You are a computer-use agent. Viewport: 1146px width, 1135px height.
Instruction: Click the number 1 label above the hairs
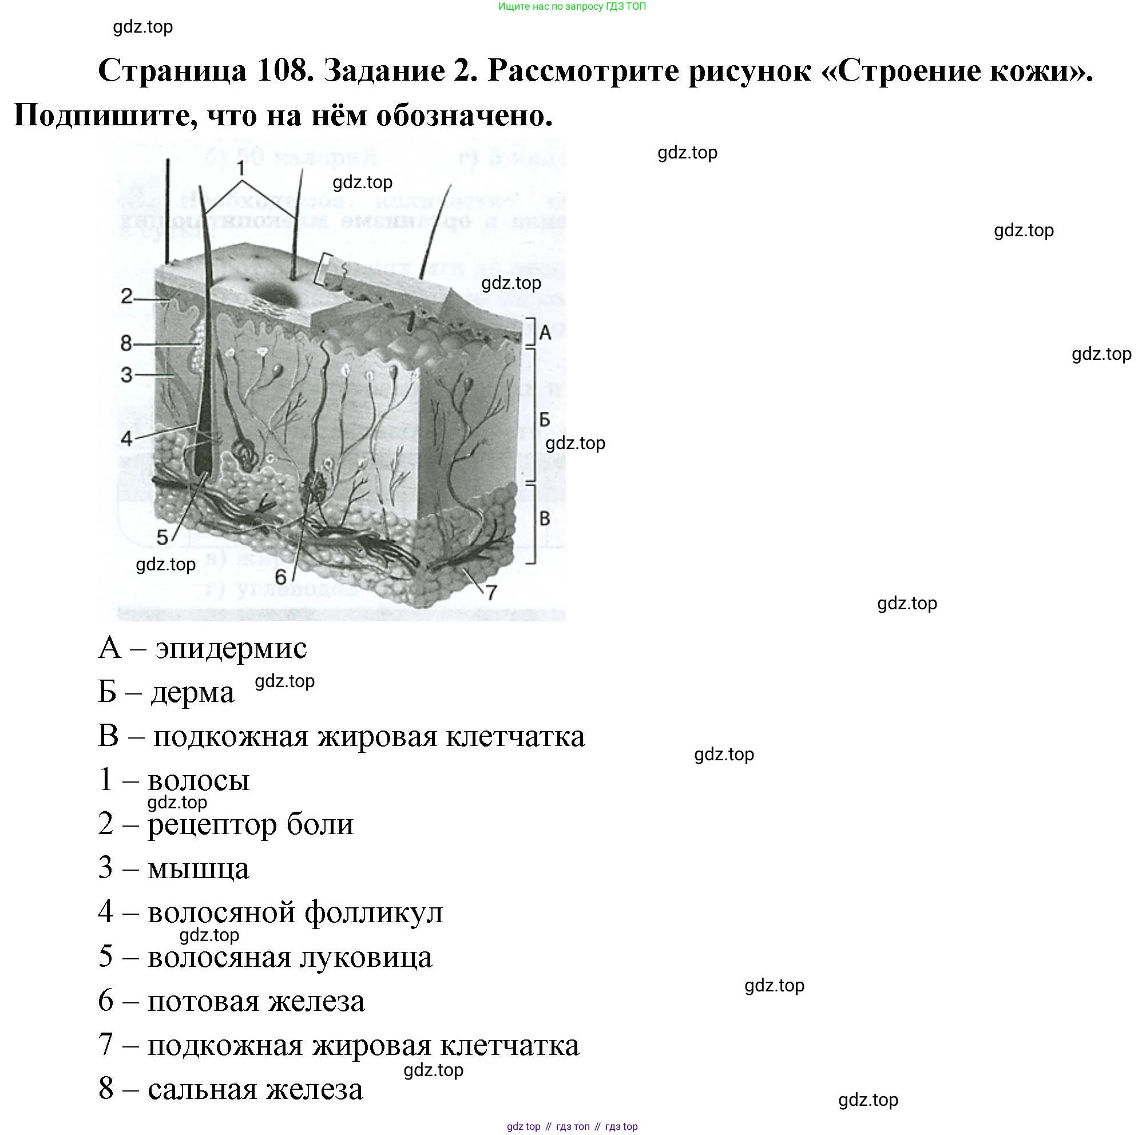coord(240,169)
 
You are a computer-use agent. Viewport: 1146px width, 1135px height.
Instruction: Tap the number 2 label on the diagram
coord(126,296)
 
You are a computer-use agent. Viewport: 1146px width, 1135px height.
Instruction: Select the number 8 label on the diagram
coord(126,343)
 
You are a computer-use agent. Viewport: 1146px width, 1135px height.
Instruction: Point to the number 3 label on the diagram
coord(126,375)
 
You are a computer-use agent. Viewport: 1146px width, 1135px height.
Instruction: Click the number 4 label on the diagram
coord(126,439)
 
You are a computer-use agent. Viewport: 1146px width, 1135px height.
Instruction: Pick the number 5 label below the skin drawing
coord(162,537)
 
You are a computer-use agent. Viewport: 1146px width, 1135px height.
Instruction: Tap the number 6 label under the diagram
coord(280,577)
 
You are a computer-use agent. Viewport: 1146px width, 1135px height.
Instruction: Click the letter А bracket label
coord(545,334)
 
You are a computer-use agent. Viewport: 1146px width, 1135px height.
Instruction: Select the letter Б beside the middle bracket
coord(545,420)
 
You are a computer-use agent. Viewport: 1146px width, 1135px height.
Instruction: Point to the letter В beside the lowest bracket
coord(545,519)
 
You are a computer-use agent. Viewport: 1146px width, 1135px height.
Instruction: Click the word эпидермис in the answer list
coord(231,648)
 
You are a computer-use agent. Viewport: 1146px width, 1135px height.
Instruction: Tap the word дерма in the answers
coord(193,692)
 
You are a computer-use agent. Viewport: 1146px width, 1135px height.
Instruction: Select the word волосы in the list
coord(199,780)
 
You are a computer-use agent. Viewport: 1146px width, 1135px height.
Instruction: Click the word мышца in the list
coord(199,869)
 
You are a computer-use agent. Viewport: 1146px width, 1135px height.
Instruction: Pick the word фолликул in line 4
coord(374,912)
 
